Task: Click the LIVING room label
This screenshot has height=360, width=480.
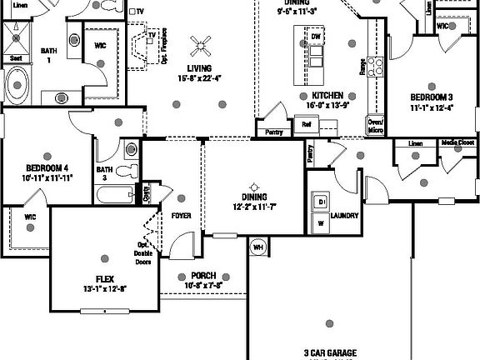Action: click(x=199, y=68)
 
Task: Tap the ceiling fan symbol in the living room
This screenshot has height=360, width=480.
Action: click(x=199, y=46)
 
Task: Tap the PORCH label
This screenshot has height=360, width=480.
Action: click(x=202, y=276)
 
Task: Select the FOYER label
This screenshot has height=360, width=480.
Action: click(x=181, y=216)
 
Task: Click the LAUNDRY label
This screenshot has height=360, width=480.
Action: click(x=344, y=216)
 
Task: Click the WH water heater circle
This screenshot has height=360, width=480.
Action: click(x=257, y=247)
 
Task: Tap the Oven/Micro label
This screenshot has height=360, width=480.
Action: click(x=376, y=126)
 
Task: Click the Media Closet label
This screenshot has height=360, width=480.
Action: click(x=458, y=142)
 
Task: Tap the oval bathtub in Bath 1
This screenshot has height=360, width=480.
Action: click(x=17, y=84)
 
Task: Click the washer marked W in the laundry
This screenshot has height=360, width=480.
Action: click(x=319, y=223)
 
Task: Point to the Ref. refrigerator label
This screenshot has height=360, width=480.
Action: click(x=306, y=124)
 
